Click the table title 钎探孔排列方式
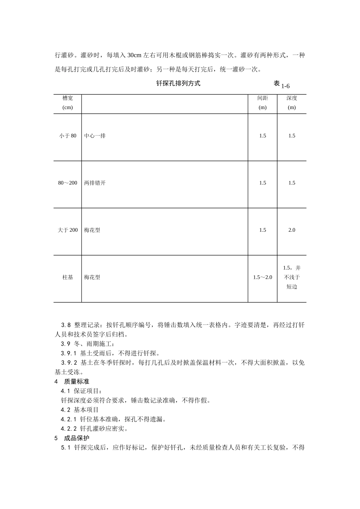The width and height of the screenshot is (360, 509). click(178, 84)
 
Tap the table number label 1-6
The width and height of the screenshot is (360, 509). click(285, 86)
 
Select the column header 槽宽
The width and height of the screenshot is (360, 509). click(67, 98)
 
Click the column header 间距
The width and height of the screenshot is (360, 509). click(263, 98)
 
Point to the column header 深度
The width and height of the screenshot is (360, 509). click(291, 98)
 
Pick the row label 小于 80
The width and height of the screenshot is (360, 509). click(67, 136)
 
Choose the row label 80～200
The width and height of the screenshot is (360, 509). click(67, 183)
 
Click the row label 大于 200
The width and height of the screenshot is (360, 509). click(67, 230)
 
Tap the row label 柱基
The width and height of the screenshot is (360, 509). click(67, 278)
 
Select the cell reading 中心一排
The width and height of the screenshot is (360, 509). click(95, 136)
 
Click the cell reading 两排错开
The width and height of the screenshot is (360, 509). click(95, 183)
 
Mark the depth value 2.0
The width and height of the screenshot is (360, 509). click(291, 230)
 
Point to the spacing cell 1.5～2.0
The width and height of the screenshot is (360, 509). click(263, 278)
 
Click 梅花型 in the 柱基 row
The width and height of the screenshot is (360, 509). click(92, 278)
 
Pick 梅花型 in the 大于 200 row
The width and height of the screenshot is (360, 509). click(92, 230)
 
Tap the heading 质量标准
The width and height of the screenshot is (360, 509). click(77, 382)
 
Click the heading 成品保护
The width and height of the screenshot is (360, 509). click(77, 439)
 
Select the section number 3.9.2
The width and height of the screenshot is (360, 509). click(69, 363)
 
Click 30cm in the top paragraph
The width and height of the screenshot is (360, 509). click(134, 55)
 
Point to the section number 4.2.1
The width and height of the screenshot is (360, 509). click(69, 420)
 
